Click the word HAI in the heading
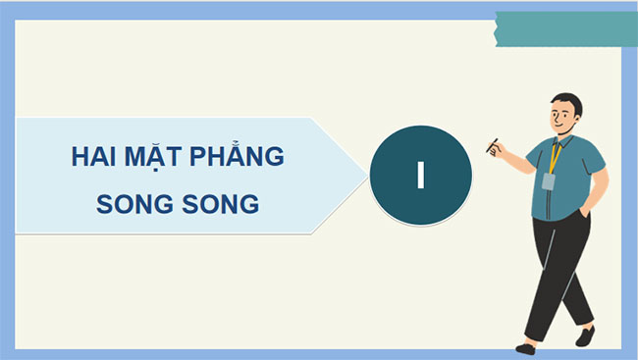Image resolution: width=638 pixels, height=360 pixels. click(x=93, y=157)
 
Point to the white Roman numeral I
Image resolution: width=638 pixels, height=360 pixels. click(x=420, y=175)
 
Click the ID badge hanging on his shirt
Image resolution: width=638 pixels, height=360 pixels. click(x=548, y=181)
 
